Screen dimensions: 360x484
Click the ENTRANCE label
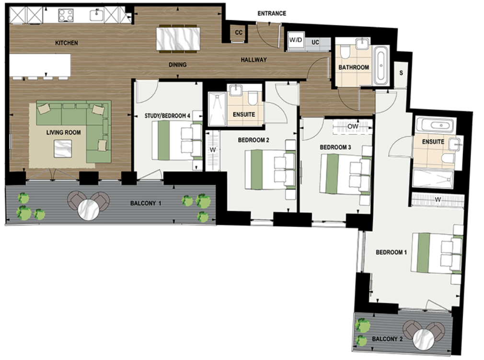point(272,13)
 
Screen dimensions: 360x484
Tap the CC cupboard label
point(238,33)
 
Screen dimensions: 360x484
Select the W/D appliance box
point(296,42)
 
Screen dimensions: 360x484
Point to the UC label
point(315,42)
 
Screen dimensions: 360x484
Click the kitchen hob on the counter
point(66,15)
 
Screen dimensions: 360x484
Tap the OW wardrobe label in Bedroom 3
point(353,126)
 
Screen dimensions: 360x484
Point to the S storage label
point(401,73)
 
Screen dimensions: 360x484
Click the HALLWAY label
point(254,60)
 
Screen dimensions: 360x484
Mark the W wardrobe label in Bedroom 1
point(437,200)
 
